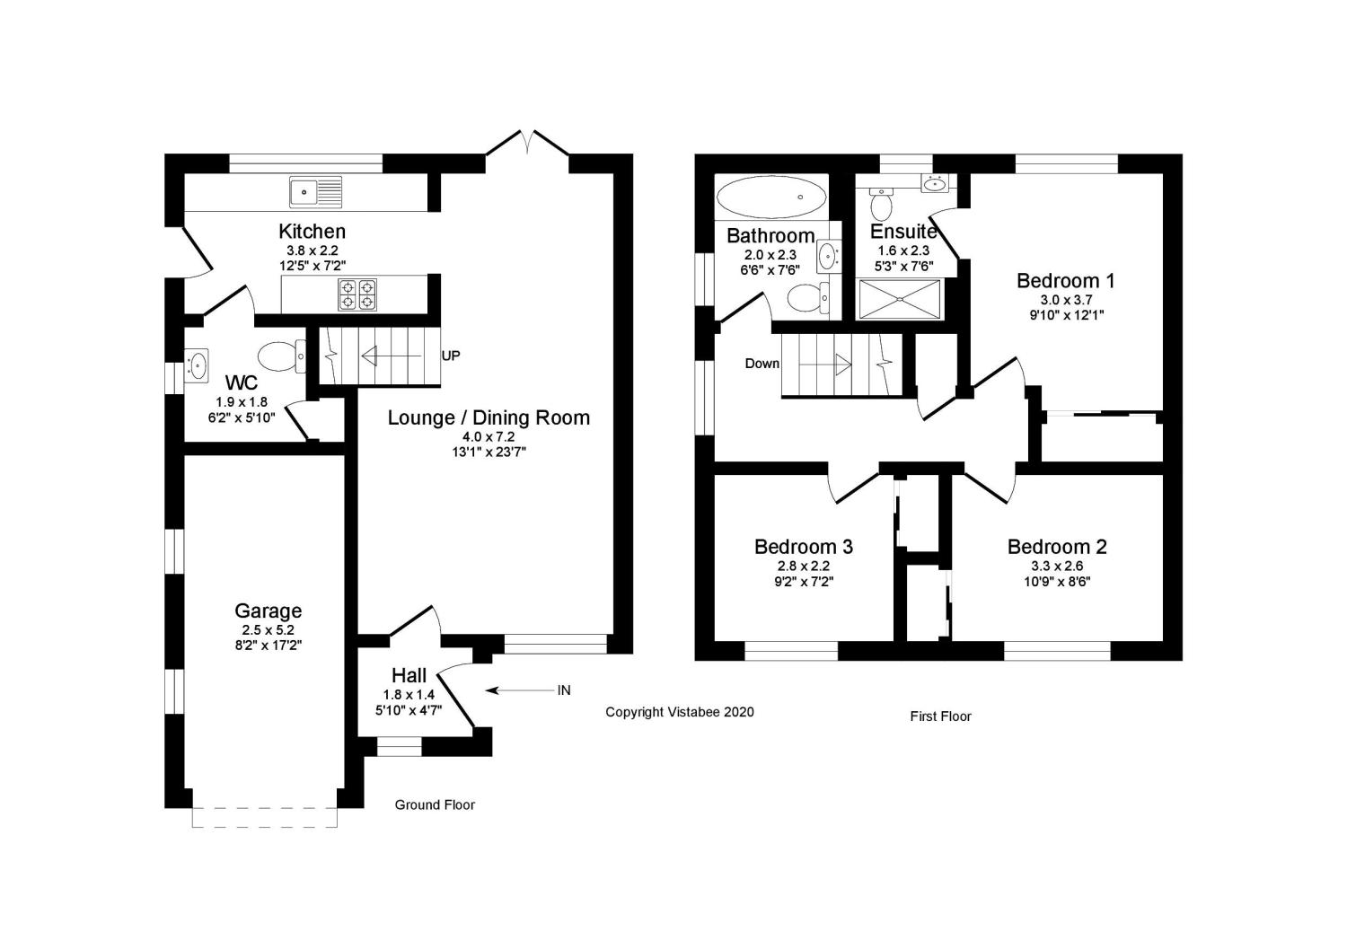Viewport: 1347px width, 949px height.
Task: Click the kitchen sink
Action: (316, 192)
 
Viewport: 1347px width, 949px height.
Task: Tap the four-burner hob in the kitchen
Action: (357, 294)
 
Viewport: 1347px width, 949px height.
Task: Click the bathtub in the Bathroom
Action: (770, 197)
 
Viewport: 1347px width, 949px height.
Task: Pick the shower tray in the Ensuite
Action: (900, 299)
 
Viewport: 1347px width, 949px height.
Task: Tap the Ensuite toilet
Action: (882, 203)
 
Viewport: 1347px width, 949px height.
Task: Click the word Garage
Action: (269, 611)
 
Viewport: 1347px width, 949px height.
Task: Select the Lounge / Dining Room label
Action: (489, 417)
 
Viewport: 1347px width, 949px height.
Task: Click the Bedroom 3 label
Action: (804, 547)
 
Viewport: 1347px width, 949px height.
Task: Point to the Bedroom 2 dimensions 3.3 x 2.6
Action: (1057, 566)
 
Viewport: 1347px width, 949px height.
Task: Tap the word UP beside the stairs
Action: (451, 356)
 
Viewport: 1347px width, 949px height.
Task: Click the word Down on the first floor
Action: (762, 364)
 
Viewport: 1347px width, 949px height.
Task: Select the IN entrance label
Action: (563, 690)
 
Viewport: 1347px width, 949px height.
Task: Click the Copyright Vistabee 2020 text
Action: (680, 712)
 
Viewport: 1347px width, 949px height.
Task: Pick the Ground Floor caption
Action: (434, 804)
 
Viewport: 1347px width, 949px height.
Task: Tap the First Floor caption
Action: (940, 716)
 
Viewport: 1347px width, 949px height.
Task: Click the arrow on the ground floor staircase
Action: (392, 356)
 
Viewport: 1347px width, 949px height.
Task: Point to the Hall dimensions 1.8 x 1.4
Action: (409, 695)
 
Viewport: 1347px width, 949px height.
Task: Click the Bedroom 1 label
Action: (1066, 281)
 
